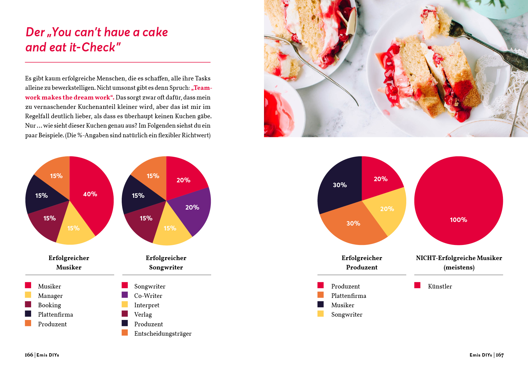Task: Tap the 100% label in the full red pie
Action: (458, 220)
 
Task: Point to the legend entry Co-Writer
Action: (148, 295)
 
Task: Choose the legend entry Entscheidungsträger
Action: (163, 333)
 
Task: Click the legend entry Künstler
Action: (440, 286)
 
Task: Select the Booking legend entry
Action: (49, 305)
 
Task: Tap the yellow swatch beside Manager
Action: (28, 295)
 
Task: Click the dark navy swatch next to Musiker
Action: (320, 304)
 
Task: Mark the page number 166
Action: (29, 355)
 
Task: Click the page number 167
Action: (500, 355)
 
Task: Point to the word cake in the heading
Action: (155, 32)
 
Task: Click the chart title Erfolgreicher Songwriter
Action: (166, 262)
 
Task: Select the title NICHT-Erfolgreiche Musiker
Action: (459, 258)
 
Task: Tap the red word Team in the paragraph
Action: (202, 88)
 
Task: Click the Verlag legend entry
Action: (143, 314)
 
